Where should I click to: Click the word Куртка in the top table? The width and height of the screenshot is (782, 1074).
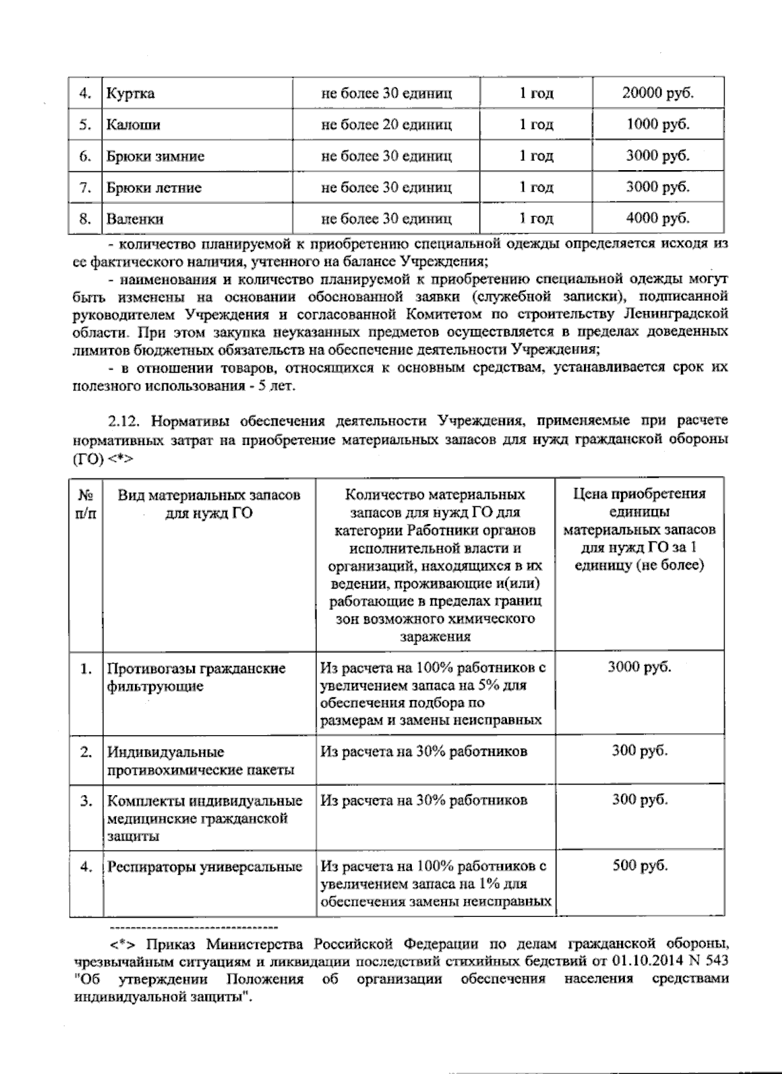131,93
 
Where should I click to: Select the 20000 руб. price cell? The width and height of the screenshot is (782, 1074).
658,93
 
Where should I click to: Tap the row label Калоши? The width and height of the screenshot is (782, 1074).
134,124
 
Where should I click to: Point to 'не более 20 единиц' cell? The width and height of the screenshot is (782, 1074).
386,124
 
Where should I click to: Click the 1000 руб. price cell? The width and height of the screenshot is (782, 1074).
658,124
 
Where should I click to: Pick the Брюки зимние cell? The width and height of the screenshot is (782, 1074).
156,156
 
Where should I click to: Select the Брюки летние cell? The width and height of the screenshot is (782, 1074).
154,188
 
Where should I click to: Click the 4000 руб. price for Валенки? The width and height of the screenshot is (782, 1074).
658,218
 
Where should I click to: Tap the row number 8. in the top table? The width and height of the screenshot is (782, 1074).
85,218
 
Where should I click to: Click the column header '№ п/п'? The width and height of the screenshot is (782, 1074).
85,504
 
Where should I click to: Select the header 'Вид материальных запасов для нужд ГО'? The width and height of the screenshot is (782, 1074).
209,504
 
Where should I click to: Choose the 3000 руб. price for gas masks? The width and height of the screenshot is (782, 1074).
639,667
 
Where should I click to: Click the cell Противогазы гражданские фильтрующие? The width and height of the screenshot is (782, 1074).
195,677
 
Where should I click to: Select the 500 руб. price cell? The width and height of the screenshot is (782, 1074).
639,865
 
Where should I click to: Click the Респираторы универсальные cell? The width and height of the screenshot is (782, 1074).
205,867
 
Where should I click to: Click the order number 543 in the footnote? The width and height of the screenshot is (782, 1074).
717,961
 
